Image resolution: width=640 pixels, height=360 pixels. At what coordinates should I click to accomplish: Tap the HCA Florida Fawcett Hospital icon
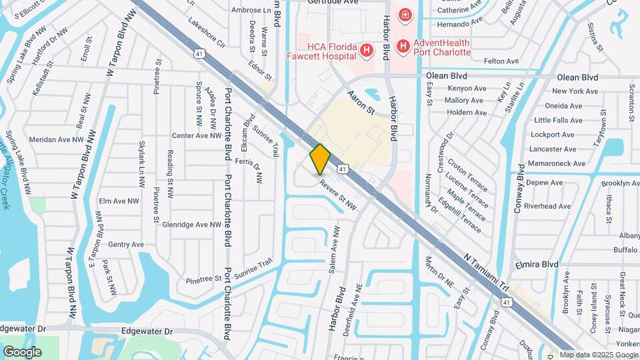365,49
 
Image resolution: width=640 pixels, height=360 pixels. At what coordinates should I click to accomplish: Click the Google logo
22,351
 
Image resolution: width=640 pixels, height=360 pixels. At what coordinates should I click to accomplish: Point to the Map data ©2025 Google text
598,355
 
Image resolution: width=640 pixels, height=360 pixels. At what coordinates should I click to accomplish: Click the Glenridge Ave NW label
191,225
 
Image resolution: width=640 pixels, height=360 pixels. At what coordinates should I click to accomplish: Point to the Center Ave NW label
196,135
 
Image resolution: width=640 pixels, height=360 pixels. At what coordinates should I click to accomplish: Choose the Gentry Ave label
125,245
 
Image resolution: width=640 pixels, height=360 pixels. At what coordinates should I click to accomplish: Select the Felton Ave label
501,61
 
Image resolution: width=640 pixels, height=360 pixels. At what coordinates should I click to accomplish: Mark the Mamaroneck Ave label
556,163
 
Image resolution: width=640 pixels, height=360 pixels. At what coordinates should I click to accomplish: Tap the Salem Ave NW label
334,249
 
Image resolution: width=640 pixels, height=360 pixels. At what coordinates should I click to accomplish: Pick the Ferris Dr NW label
253,171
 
